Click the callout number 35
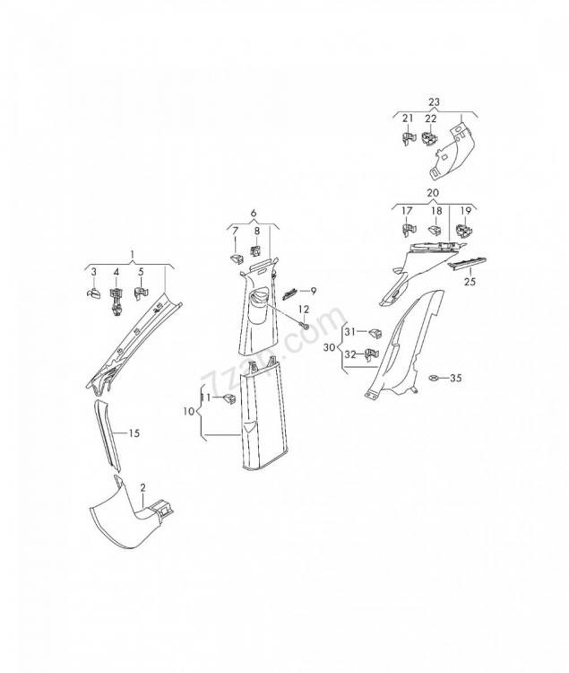click(456, 378)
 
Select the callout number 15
click(134, 433)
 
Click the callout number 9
click(314, 291)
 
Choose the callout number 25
click(470, 282)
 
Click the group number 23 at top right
click(434, 102)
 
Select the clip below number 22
click(430, 138)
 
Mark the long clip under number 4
click(116, 302)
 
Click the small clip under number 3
click(93, 293)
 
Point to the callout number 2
click(142, 487)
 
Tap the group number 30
click(329, 347)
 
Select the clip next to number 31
click(375, 333)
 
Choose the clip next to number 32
click(372, 354)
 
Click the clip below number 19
click(464, 230)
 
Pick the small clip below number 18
click(435, 230)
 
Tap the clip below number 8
click(255, 249)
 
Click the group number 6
click(254, 213)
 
